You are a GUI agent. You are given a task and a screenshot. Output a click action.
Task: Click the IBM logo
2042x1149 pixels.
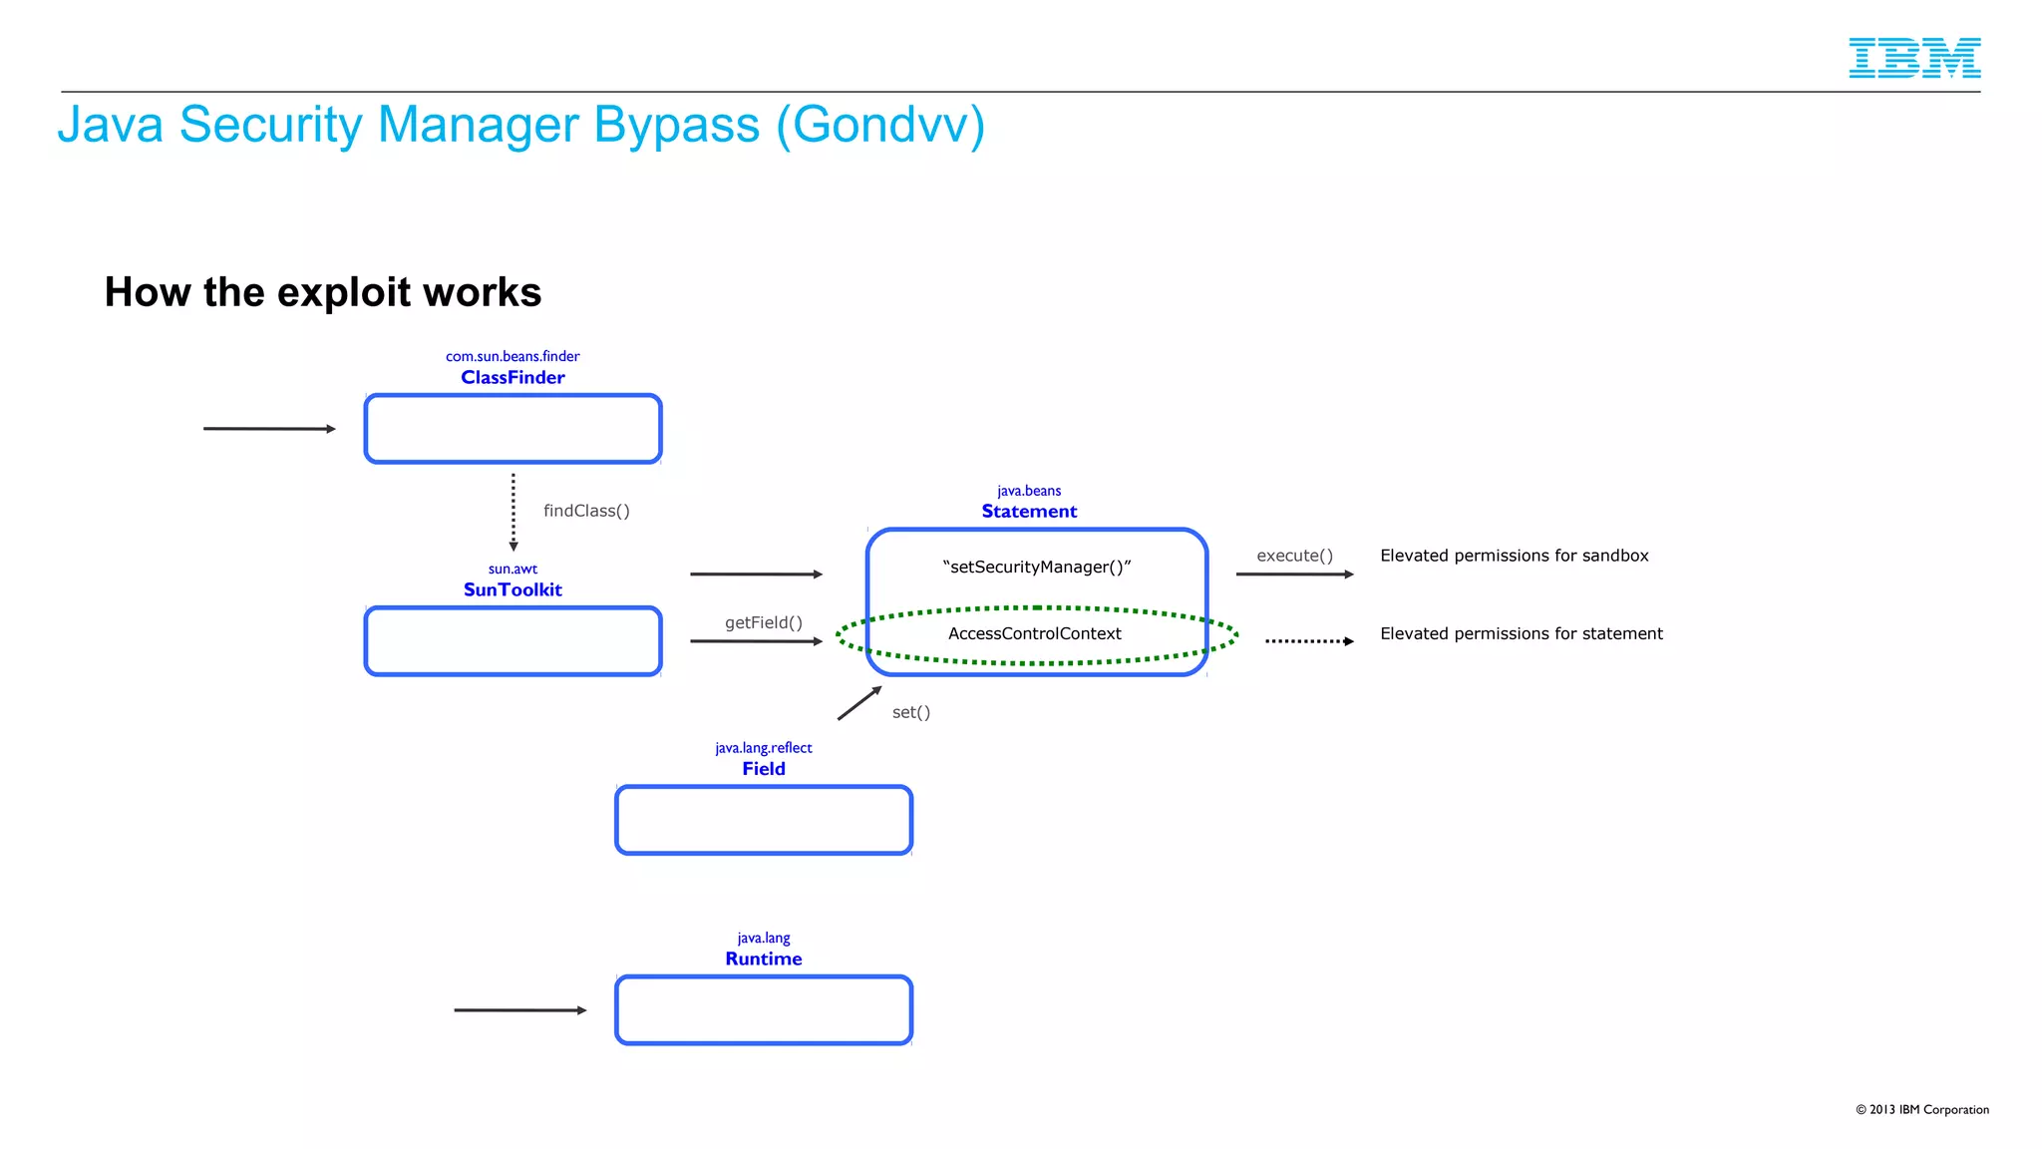point(1914,58)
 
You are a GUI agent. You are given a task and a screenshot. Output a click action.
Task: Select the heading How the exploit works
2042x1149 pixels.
point(323,292)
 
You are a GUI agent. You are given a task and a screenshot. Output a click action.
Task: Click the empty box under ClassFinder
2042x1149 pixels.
point(512,429)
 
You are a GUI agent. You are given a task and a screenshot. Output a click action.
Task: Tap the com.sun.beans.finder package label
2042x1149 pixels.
point(512,356)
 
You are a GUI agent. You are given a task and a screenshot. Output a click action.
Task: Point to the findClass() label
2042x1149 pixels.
point(586,511)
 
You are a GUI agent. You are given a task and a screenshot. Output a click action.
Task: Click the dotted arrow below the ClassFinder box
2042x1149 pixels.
point(513,511)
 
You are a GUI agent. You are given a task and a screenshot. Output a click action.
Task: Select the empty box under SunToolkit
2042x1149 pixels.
point(512,641)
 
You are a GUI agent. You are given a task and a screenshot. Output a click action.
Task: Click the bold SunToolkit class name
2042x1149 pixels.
point(512,589)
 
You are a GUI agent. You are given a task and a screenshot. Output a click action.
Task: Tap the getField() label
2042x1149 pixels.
point(764,622)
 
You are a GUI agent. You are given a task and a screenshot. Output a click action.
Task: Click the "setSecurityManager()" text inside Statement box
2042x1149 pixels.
point(1037,567)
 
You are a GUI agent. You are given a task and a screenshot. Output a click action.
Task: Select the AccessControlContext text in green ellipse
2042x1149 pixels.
point(1035,633)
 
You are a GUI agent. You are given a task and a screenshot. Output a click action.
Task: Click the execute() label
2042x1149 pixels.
point(1294,556)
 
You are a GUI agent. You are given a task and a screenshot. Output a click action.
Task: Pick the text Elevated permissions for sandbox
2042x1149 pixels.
point(1514,556)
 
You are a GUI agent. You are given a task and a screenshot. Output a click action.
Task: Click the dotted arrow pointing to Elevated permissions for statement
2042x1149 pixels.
point(1308,641)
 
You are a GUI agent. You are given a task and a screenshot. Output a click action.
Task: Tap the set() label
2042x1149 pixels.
point(910,712)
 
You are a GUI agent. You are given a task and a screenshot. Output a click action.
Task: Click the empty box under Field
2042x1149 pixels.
point(764,820)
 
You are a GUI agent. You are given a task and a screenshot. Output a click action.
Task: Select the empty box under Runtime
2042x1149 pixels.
point(764,1010)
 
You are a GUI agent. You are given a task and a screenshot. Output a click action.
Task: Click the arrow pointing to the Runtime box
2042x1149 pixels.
point(519,1010)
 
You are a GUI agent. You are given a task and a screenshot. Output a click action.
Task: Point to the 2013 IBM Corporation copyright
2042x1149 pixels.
point(1921,1109)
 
